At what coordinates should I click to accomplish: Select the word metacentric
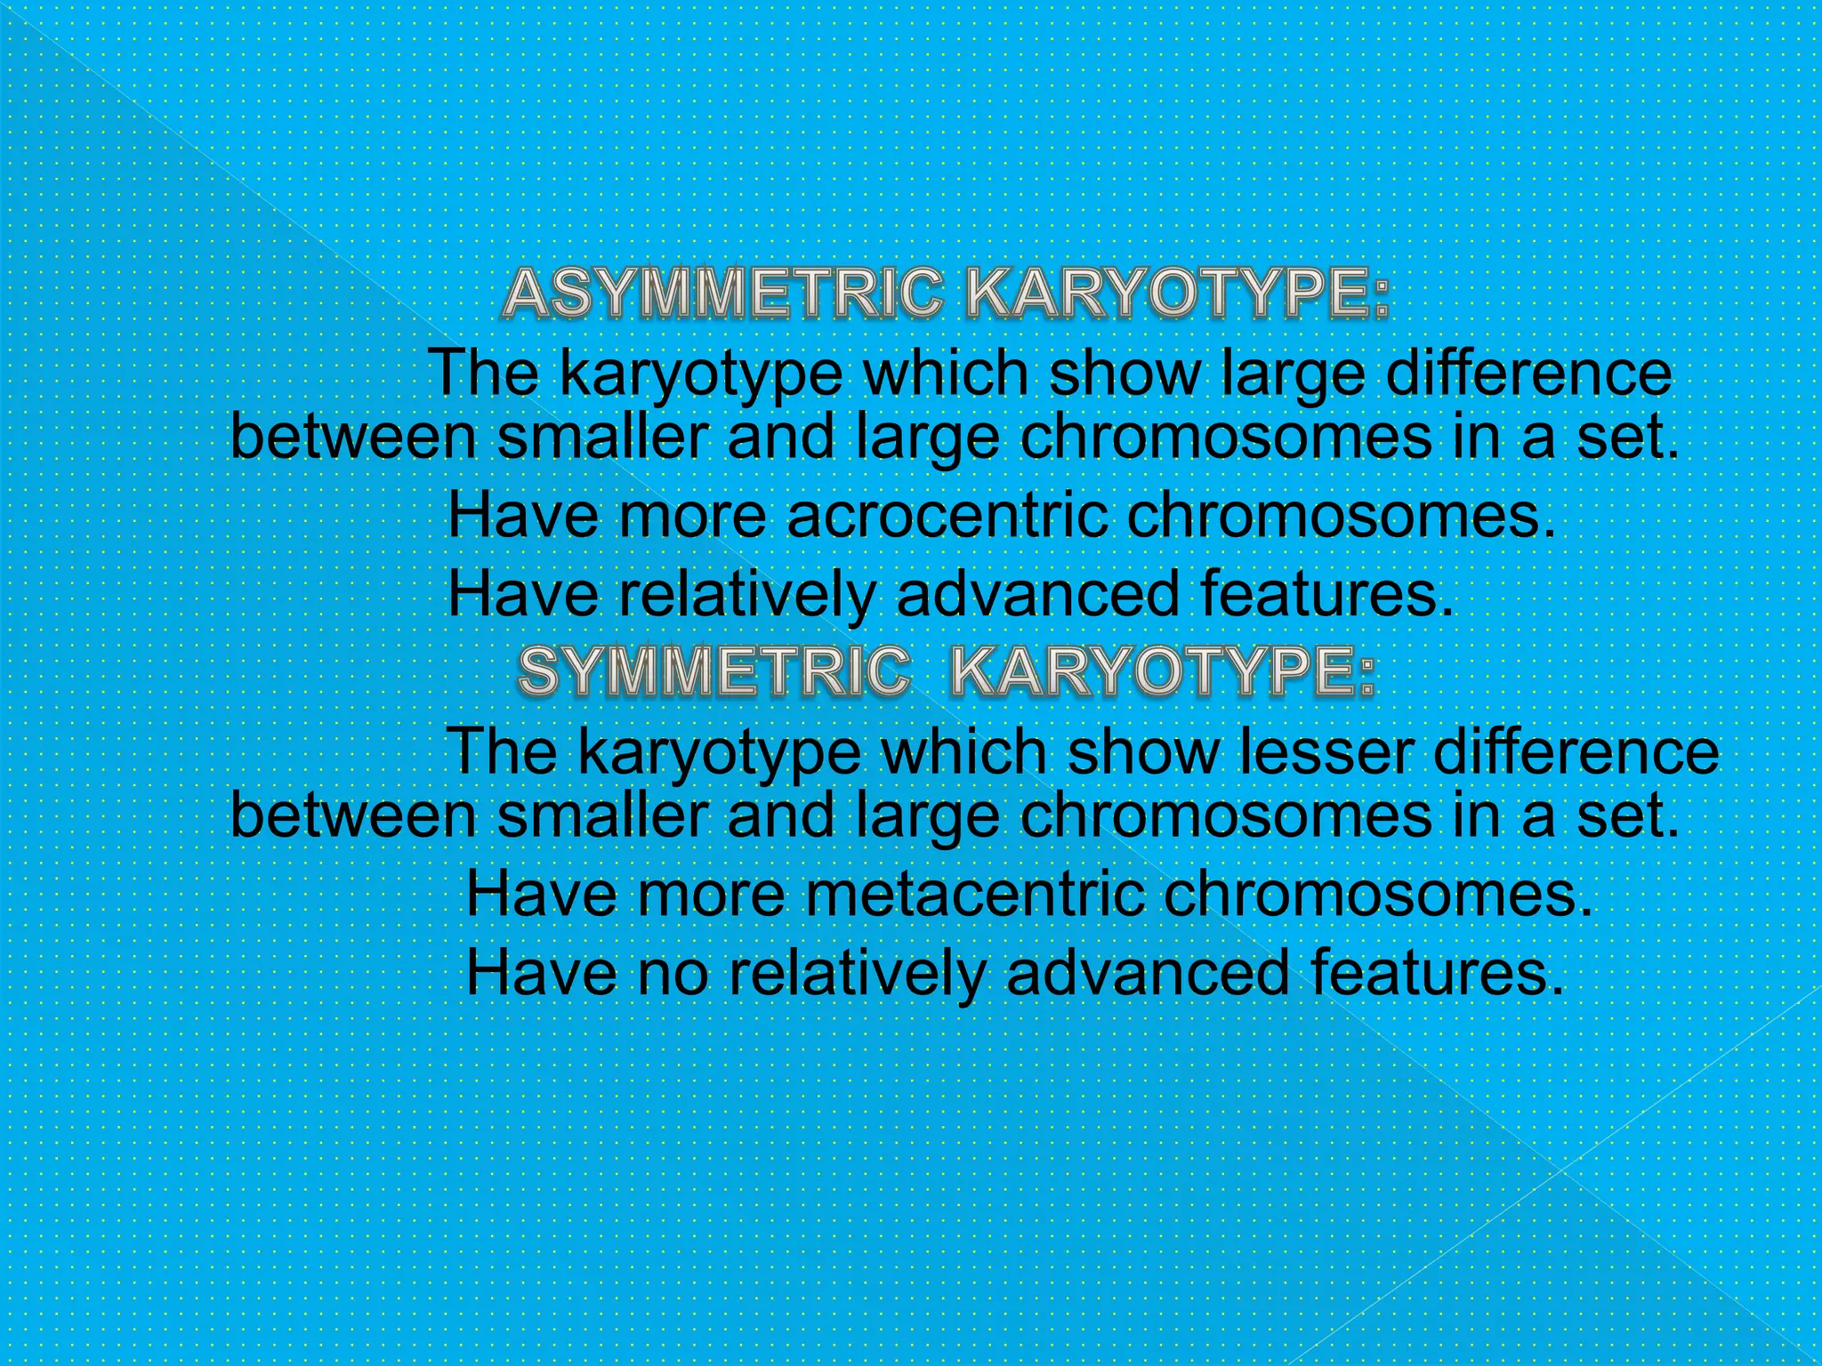pos(974,895)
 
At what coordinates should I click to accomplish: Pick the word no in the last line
pos(673,972)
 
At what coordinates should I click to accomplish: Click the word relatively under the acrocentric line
pos(747,594)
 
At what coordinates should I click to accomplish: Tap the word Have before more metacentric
pos(541,895)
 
